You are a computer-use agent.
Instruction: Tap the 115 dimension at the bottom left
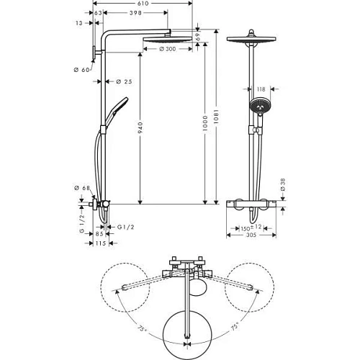(100, 244)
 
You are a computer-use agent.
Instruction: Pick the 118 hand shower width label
(261, 89)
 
